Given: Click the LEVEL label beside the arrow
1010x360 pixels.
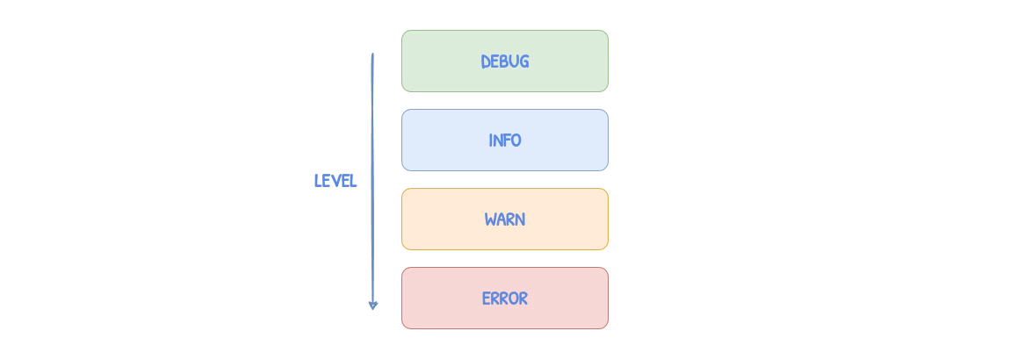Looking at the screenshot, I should pyautogui.click(x=335, y=181).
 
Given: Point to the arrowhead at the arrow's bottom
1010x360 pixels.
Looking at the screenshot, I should pyautogui.click(x=372, y=305).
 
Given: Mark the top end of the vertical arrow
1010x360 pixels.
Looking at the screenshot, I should pyautogui.click(x=372, y=54).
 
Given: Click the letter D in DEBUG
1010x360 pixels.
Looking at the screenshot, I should pyautogui.click(x=486, y=62).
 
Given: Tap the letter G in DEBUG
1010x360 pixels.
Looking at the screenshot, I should pyautogui.click(x=524, y=62).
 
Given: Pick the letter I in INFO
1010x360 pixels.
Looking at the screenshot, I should pyautogui.click(x=491, y=140).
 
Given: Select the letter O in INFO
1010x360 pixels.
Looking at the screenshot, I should pyautogui.click(x=516, y=140).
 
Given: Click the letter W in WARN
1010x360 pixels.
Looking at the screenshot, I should pyautogui.click(x=490, y=220).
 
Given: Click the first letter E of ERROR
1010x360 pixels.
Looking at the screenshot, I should pyautogui.click(x=487, y=299).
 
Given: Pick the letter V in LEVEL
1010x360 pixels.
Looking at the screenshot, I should pyautogui.click(x=335, y=181).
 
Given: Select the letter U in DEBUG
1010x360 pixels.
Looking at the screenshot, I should pyautogui.click(x=515, y=62).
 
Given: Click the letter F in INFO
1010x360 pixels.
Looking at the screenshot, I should pyautogui.click(x=507, y=140).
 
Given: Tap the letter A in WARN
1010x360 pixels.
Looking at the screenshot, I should pyautogui.click(x=501, y=220).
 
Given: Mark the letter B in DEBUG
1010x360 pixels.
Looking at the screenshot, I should pyautogui.click(x=505, y=62).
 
